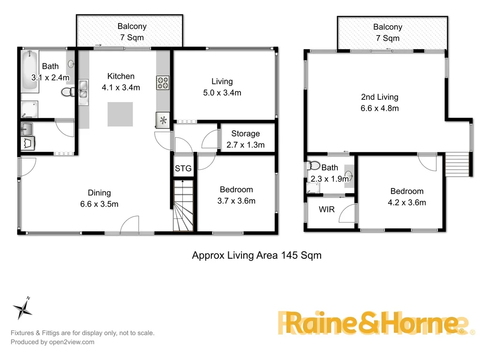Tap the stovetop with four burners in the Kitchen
click(163, 82)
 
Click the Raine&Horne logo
click(373, 323)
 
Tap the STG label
click(183, 168)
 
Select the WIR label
click(327, 209)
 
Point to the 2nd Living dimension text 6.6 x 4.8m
click(380, 108)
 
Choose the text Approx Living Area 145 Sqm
click(257, 255)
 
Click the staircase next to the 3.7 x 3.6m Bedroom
click(183, 206)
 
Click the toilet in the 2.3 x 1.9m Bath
click(314, 166)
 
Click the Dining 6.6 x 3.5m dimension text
click(99, 204)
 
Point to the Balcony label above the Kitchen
click(132, 27)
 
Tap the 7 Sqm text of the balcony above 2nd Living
click(388, 38)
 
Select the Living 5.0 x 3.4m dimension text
click(222, 93)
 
